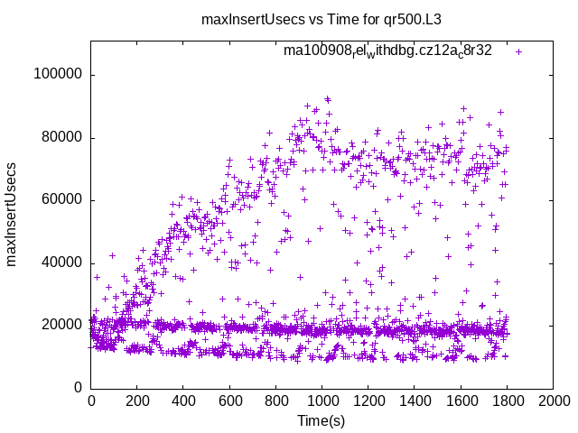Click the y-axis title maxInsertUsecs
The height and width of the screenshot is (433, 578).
point(12,214)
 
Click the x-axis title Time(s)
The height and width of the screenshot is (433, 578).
point(322,420)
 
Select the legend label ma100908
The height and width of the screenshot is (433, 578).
point(387,51)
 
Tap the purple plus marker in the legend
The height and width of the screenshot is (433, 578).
point(518,51)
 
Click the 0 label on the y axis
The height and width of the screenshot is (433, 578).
point(79,388)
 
